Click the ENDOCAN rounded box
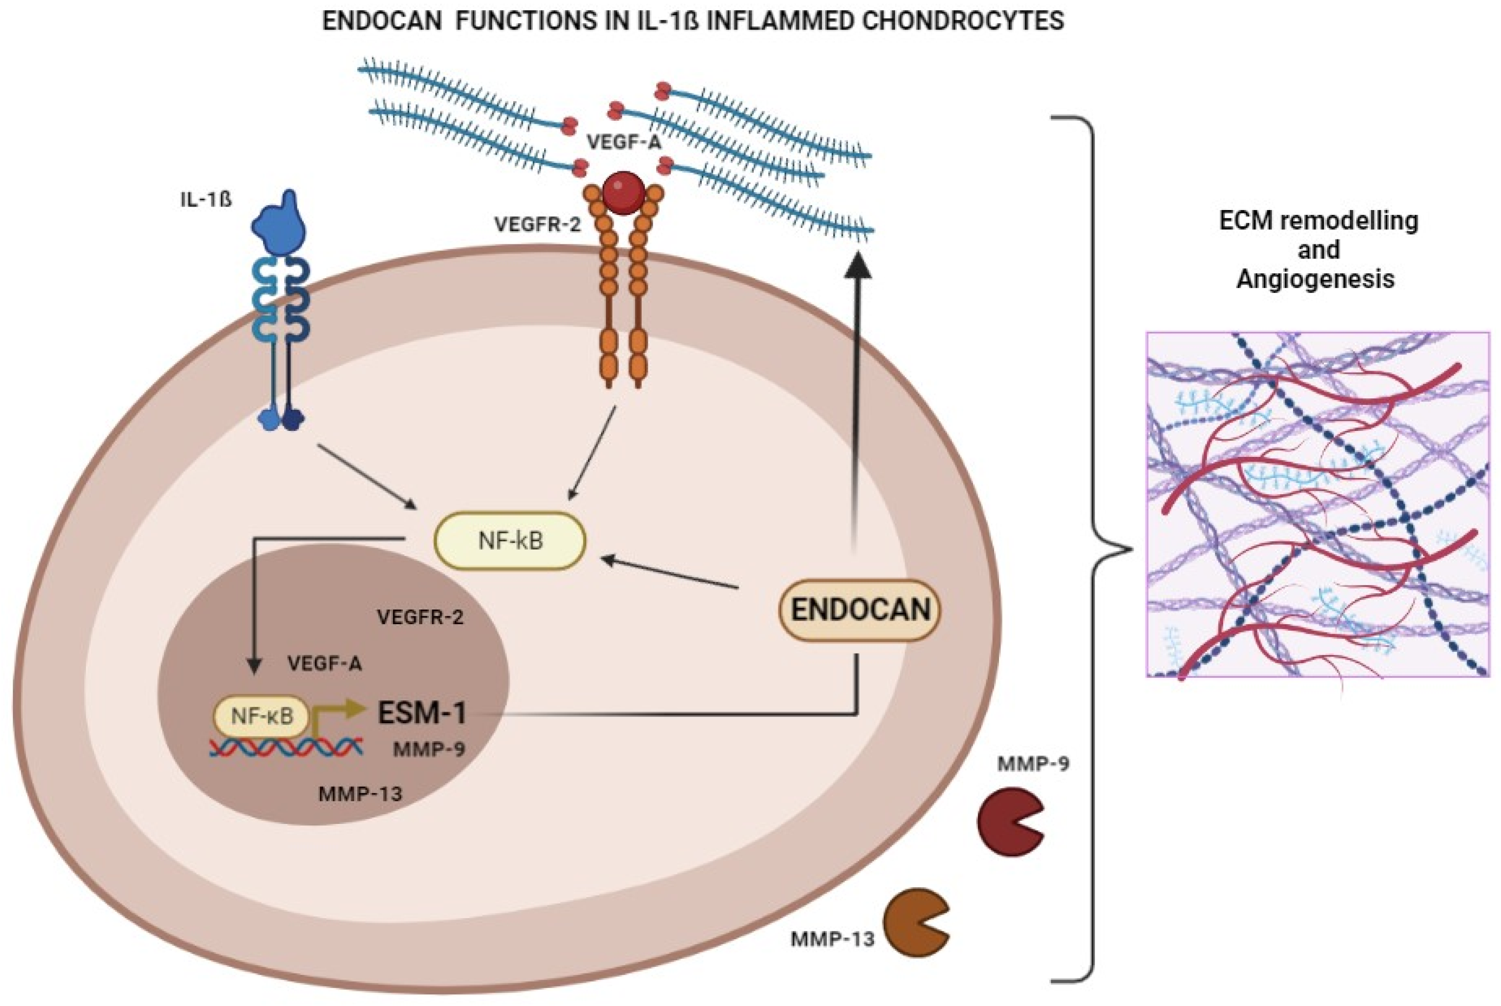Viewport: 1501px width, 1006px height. pyautogui.click(x=860, y=609)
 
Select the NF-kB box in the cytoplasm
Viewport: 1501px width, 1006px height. pyautogui.click(x=510, y=541)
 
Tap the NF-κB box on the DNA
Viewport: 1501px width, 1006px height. pyautogui.click(x=262, y=715)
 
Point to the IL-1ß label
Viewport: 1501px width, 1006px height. pyautogui.click(x=205, y=200)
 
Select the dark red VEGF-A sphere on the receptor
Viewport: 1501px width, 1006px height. pyautogui.click(x=623, y=192)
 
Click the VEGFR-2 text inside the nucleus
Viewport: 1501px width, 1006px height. pyautogui.click(x=420, y=617)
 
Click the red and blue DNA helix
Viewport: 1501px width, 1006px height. pyautogui.click(x=287, y=747)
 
